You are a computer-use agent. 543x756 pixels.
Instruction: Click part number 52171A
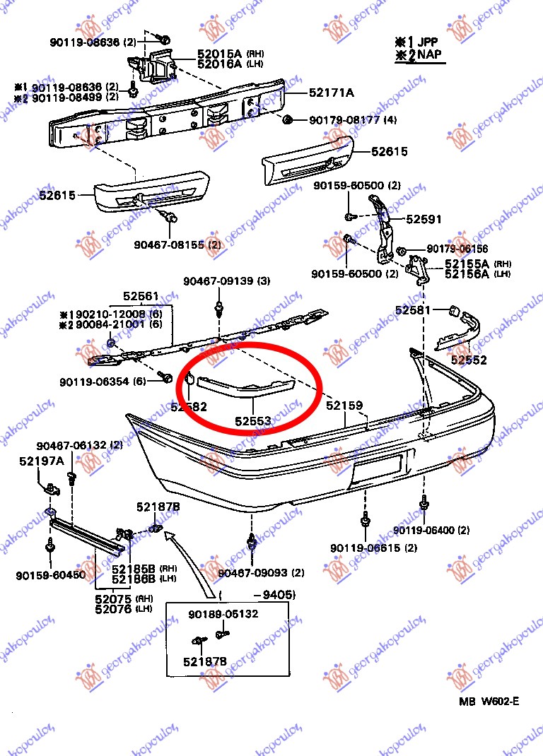tap(331, 93)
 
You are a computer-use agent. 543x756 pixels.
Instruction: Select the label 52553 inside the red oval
tap(253, 421)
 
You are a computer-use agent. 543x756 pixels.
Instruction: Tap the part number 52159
tap(344, 406)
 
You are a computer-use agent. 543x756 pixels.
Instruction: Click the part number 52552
tap(469, 360)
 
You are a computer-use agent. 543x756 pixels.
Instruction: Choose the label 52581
tap(414, 309)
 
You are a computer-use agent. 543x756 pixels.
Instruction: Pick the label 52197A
tap(42, 461)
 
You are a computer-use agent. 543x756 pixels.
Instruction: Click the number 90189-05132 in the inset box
tap(223, 614)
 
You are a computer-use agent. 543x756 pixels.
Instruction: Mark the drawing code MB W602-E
tap(489, 702)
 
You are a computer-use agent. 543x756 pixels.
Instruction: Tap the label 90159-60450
tap(50, 575)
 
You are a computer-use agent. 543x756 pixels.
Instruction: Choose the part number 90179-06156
tap(457, 249)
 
